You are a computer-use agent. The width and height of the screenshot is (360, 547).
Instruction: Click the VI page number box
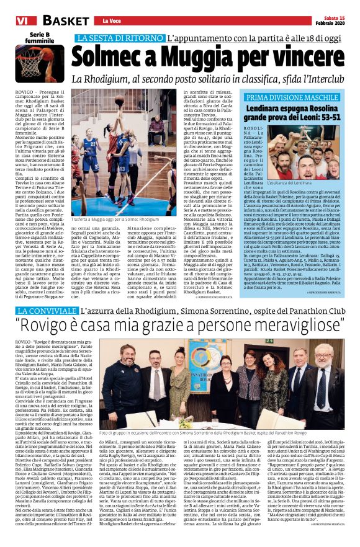[9, 21]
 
